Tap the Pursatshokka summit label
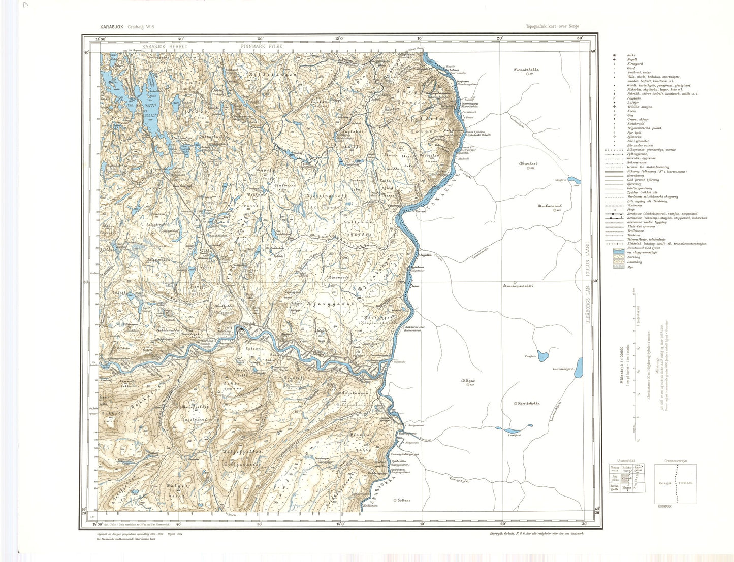[526, 69]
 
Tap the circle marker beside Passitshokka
[516, 403]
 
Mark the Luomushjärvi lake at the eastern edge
[570, 369]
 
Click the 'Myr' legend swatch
[618, 267]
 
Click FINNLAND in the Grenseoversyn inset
[685, 483]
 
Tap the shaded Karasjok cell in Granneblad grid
[626, 478]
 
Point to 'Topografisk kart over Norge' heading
[552, 26]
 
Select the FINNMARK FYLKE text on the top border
[261, 46]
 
